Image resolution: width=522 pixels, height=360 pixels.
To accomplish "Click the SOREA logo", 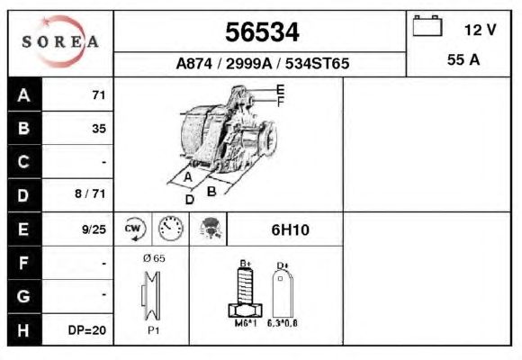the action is (60, 41).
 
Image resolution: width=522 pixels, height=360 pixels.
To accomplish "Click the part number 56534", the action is (262, 32).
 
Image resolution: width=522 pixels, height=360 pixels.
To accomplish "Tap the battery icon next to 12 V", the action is (427, 25).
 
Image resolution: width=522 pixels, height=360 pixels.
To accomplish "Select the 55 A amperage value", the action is (463, 60).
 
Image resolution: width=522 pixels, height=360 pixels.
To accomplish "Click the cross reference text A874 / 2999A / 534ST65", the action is (263, 63).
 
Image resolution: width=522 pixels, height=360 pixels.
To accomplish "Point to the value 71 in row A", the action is (99, 95).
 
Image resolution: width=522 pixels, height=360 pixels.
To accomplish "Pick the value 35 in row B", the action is (99, 129).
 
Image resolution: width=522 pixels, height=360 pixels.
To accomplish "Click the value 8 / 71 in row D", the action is (90, 193).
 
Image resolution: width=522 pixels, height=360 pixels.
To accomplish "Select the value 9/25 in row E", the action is (94, 229).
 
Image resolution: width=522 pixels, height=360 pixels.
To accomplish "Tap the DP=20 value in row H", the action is (87, 330).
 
